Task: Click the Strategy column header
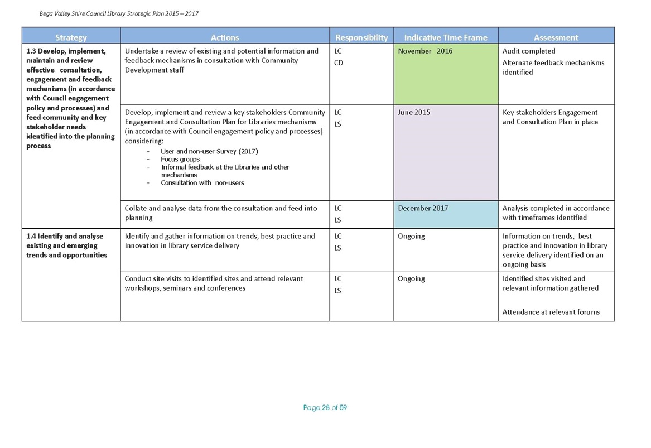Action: pyautogui.click(x=71, y=37)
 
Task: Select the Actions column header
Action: pyautogui.click(x=225, y=37)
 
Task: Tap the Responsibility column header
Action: pyautogui.click(x=361, y=37)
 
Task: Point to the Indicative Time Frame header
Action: pyautogui.click(x=446, y=37)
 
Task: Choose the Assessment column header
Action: pyautogui.click(x=556, y=37)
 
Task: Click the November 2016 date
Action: pyautogui.click(x=425, y=51)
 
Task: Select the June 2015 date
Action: pyautogui.click(x=414, y=113)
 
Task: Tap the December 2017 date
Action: pyautogui.click(x=423, y=209)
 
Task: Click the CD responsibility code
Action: pyautogui.click(x=339, y=62)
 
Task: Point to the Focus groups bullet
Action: pyautogui.click(x=180, y=160)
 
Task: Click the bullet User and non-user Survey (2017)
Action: pyautogui.click(x=209, y=152)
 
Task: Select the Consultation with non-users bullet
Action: pyautogui.click(x=202, y=182)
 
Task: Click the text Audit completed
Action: pyautogui.click(x=528, y=51)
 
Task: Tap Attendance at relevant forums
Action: pyautogui.click(x=551, y=312)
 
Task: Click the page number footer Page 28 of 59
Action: pyautogui.click(x=325, y=408)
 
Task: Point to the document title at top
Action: pyautogui.click(x=119, y=14)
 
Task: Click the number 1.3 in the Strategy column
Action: pyautogui.click(x=31, y=51)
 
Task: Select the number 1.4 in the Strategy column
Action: pyautogui.click(x=31, y=236)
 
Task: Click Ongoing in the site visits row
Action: pyautogui.click(x=411, y=278)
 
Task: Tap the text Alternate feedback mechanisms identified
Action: pyautogui.click(x=553, y=68)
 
